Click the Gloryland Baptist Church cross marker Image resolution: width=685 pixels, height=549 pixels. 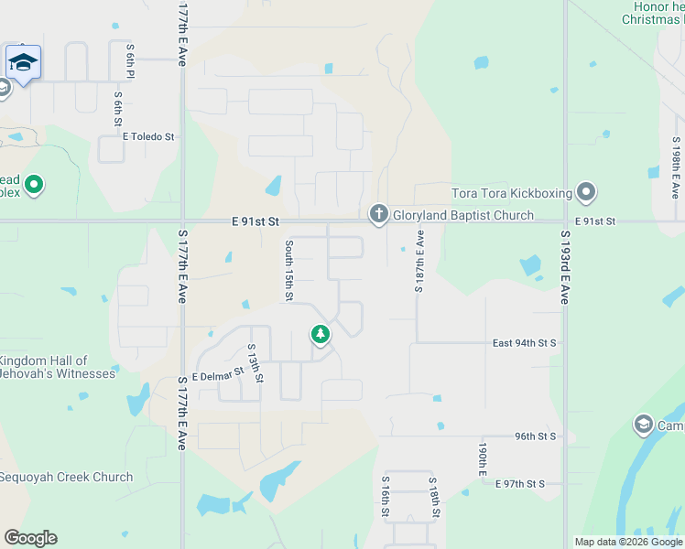(378, 215)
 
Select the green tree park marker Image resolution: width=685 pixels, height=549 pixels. (320, 335)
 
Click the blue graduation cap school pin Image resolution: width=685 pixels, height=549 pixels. (23, 62)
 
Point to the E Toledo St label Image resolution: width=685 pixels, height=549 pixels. (148, 136)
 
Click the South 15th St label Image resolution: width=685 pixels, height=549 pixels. (288, 270)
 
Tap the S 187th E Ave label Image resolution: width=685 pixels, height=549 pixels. (419, 261)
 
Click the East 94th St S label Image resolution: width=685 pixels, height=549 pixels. (524, 343)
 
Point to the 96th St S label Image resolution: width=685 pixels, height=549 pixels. (536, 436)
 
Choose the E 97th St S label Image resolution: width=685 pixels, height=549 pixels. (519, 483)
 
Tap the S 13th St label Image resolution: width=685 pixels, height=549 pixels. (256, 363)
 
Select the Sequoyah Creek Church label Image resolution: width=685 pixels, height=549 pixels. (66, 477)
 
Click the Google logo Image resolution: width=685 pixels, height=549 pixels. (30, 538)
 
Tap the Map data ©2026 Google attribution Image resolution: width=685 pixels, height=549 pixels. (627, 542)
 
